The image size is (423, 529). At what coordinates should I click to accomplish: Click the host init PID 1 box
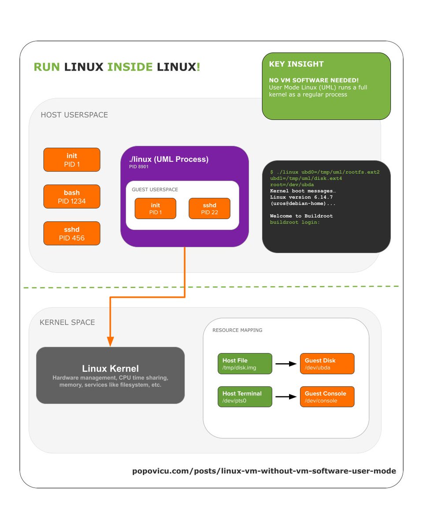point(72,160)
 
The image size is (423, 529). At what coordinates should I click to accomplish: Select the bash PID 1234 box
point(72,196)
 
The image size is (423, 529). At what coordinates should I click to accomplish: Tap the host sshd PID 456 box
point(72,233)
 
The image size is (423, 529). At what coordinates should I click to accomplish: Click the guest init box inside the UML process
point(155,209)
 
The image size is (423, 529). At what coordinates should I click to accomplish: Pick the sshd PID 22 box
point(209,209)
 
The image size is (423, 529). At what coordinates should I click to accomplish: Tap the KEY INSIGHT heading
point(296,64)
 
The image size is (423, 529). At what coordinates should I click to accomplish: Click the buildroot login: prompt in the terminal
point(295,223)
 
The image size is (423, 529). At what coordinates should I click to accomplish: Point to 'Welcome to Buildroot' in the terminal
point(301,216)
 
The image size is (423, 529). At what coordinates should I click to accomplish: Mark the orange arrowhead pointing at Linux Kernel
point(110,341)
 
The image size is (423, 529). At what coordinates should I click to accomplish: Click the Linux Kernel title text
point(110,369)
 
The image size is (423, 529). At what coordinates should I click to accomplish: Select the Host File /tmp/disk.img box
point(245,364)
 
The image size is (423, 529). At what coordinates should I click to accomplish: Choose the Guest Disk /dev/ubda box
point(327,364)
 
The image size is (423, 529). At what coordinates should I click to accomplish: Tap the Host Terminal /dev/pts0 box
point(245,397)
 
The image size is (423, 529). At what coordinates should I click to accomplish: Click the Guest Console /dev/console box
point(327,397)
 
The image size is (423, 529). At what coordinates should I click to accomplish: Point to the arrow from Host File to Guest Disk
point(286,364)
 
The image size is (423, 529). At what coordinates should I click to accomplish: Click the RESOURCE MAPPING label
point(237,330)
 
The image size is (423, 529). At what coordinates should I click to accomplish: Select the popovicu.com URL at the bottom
point(264,471)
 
